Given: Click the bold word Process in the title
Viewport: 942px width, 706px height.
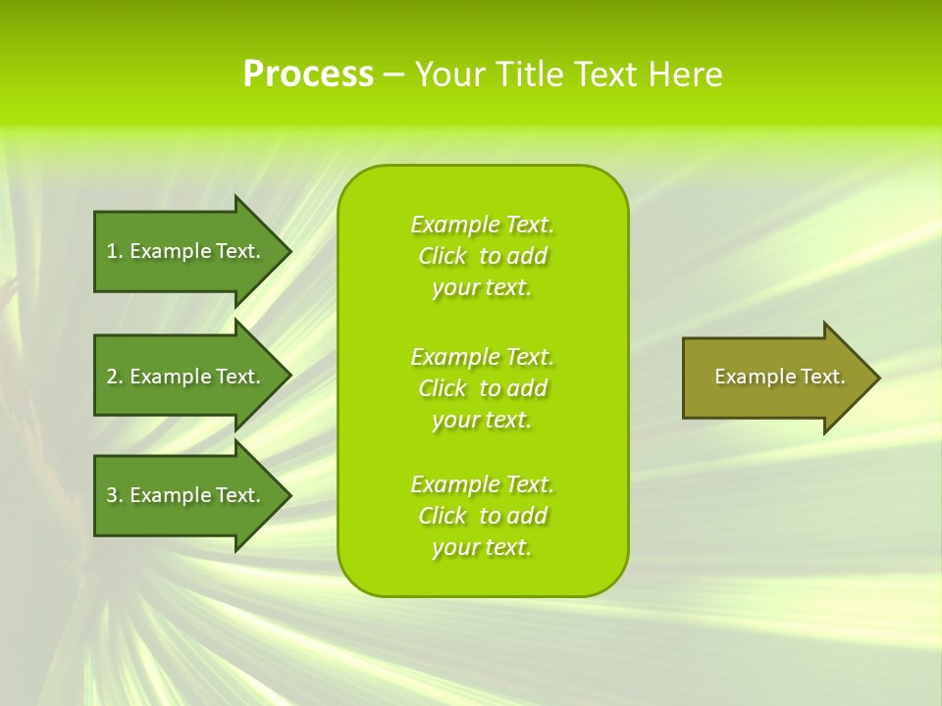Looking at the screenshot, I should pos(308,75).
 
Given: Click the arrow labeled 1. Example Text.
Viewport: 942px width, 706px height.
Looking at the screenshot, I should pos(183,251).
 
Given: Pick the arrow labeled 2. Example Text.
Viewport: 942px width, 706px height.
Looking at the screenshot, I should pos(183,377).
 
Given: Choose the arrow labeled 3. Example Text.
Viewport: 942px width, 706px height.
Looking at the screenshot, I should pos(183,495).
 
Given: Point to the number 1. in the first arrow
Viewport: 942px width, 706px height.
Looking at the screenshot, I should pos(115,251).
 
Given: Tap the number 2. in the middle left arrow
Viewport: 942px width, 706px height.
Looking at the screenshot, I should pos(115,377).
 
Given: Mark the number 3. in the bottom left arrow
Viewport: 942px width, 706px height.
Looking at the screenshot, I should pos(115,495).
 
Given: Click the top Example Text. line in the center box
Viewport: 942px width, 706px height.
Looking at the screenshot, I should pos(482,225).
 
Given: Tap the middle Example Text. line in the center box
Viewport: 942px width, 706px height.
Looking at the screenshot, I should pos(482,357).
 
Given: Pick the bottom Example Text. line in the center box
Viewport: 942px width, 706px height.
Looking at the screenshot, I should pos(482,484).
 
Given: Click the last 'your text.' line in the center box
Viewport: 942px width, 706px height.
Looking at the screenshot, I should pos(482,547).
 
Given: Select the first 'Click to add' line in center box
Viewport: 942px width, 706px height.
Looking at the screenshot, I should pos(482,256).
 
